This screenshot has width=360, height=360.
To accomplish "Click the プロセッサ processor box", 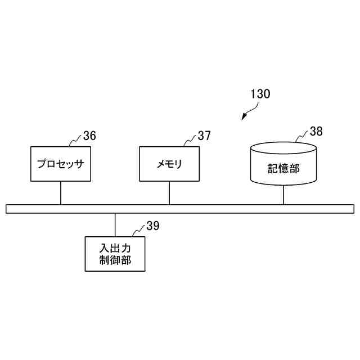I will click(x=60, y=164).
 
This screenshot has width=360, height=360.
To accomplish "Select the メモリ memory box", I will click(x=169, y=164).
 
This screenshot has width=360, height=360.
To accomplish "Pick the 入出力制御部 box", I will click(x=115, y=254).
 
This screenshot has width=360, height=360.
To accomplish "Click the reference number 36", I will click(x=89, y=136).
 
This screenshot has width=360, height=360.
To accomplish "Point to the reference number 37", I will click(x=204, y=136).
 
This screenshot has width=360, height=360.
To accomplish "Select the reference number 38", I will click(x=316, y=132).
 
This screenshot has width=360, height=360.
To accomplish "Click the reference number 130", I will click(x=260, y=94).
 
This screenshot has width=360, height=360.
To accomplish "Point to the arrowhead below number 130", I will click(x=244, y=117).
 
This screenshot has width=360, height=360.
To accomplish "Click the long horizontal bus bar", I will click(x=180, y=209).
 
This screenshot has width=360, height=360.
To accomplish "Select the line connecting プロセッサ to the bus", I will click(x=60, y=193).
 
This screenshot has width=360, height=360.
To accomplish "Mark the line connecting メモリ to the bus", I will click(x=169, y=193).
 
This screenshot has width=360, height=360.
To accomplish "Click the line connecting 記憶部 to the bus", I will click(x=283, y=195).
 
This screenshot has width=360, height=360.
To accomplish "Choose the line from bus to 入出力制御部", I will click(x=115, y=225).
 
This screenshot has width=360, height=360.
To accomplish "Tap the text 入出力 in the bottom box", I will click(x=115, y=247).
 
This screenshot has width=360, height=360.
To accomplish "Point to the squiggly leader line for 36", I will click(x=75, y=141).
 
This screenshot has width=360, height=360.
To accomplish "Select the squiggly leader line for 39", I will click(x=138, y=231).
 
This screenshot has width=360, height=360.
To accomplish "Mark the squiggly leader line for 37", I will click(x=189, y=141).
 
